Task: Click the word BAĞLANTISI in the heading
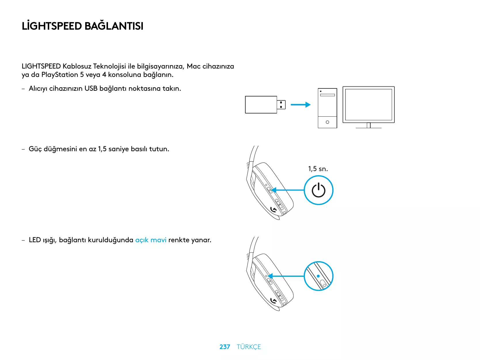click(114, 26)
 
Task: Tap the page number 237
click(225, 347)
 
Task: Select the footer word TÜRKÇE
click(249, 347)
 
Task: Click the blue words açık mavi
click(151, 240)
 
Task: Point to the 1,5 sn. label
click(318, 169)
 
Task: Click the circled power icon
click(318, 190)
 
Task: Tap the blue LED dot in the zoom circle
click(318, 276)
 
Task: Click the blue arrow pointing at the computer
click(300, 105)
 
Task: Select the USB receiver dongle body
click(261, 105)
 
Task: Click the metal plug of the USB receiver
click(281, 105)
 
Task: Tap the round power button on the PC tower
click(327, 122)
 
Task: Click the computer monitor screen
click(369, 104)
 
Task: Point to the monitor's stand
click(369, 126)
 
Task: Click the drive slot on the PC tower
click(327, 95)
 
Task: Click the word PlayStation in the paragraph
click(60, 75)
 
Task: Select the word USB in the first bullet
click(91, 88)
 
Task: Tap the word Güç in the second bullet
click(35, 149)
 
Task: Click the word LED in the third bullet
click(35, 240)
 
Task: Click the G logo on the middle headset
click(274, 210)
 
